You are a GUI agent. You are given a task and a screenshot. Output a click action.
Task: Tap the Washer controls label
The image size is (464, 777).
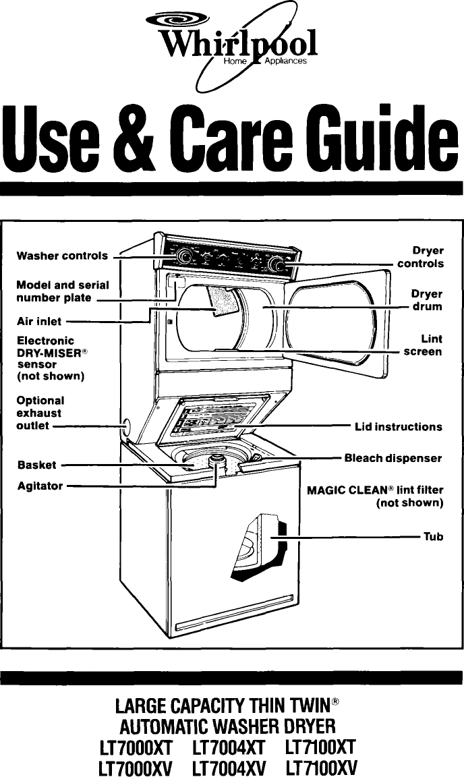pyautogui.click(x=62, y=256)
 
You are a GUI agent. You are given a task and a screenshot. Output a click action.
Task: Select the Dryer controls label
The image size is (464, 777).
pyautogui.click(x=420, y=257)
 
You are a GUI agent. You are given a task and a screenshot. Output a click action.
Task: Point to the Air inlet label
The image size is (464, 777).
pyautogui.click(x=39, y=322)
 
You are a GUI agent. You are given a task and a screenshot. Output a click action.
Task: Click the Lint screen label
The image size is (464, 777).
pyautogui.click(x=423, y=345)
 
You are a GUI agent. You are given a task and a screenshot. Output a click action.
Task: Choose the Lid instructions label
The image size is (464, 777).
pyautogui.click(x=399, y=427)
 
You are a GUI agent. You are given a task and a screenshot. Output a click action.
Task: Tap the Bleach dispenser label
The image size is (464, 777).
pyautogui.click(x=393, y=458)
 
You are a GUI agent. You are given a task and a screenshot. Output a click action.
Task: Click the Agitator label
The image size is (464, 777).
pyautogui.click(x=40, y=485)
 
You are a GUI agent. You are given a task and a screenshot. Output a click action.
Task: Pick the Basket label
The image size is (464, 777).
pyautogui.click(x=37, y=465)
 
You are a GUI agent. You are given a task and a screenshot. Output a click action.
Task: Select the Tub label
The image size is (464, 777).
pyautogui.click(x=433, y=537)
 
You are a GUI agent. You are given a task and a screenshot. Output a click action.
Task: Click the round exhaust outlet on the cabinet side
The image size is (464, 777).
pyautogui.click(x=125, y=426)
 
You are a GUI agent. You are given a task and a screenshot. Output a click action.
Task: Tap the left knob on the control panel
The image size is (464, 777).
pyautogui.click(x=183, y=255)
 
